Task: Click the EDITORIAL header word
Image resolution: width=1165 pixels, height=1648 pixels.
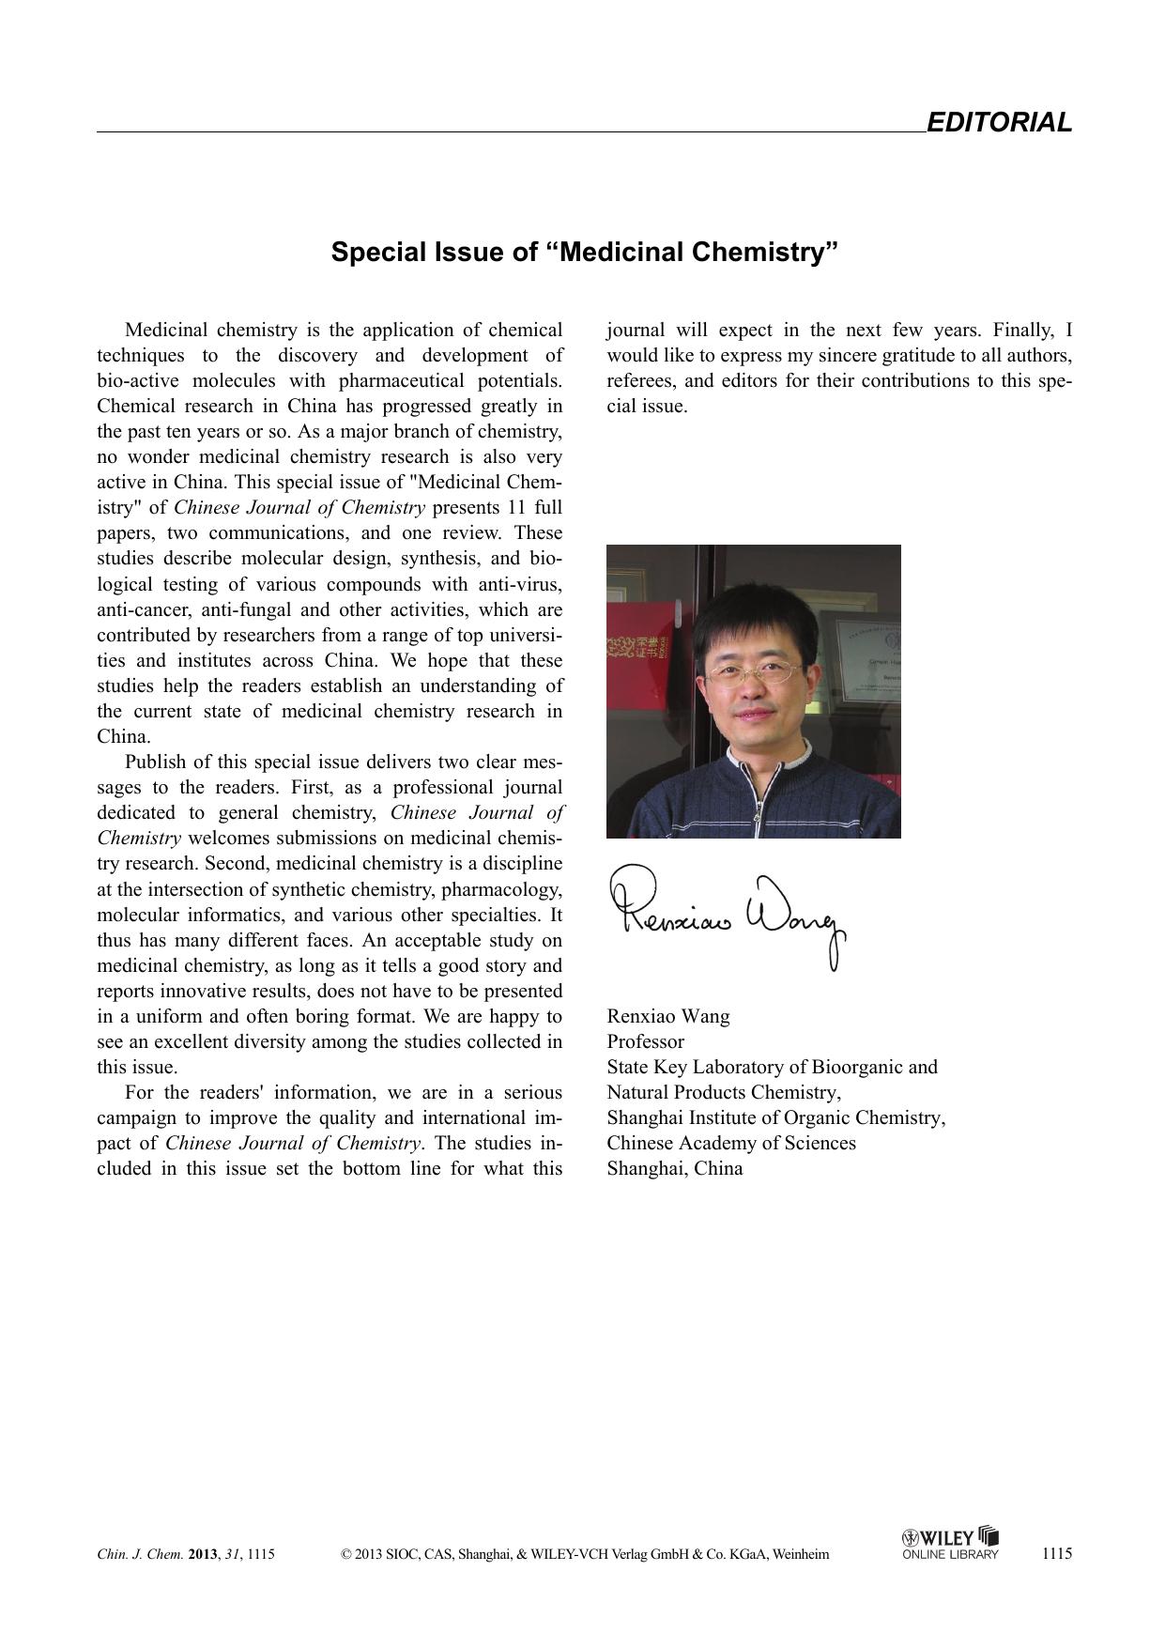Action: [x=998, y=123]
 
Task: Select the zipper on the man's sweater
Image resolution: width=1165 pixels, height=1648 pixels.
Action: [x=752, y=798]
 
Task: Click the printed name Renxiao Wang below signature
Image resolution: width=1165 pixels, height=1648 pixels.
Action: [x=667, y=1016]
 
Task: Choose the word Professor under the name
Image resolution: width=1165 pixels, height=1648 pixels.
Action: [x=645, y=1041]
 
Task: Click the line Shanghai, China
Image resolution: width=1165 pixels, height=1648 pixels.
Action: [x=674, y=1168]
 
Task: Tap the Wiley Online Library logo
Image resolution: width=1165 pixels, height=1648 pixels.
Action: [x=949, y=1543]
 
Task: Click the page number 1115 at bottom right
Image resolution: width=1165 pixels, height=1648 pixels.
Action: [x=1056, y=1553]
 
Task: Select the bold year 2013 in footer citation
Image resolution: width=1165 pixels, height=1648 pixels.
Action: [x=202, y=1554]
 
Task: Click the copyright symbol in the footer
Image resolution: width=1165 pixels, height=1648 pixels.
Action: [x=346, y=1554]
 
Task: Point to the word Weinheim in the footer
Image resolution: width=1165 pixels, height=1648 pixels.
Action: [x=800, y=1554]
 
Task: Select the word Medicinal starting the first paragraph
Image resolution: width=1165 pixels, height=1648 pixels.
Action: [x=165, y=330]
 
